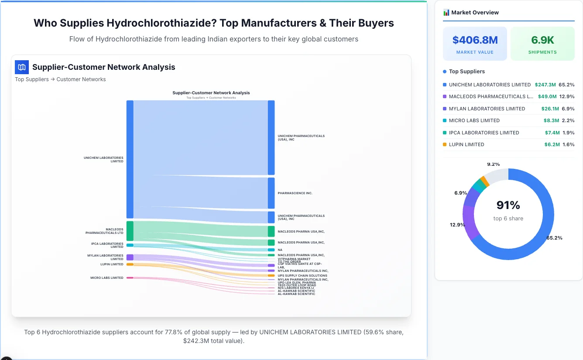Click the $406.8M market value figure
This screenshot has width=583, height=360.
[475, 40]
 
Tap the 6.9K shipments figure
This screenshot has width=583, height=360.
[542, 40]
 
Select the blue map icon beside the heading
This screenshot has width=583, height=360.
[21, 67]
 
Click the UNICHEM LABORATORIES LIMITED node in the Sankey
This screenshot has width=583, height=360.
[130, 159]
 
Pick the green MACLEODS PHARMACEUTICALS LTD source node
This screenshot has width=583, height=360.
[130, 231]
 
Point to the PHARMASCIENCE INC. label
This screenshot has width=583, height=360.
[295, 193]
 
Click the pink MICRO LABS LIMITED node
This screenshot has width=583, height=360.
[130, 278]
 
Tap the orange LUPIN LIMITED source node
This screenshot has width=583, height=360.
[130, 264]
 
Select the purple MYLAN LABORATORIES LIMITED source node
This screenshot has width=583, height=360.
[130, 257]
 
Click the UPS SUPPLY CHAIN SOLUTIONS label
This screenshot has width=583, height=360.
[302, 276]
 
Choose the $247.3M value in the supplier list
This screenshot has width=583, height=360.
[545, 85]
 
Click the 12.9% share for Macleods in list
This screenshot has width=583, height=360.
[567, 96]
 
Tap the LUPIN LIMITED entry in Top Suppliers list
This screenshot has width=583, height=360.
[466, 144]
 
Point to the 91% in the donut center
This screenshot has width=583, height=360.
[508, 205]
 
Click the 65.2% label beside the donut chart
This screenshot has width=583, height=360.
[554, 238]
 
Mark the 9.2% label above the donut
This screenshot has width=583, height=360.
[493, 165]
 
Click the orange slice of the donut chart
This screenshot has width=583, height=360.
[484, 181]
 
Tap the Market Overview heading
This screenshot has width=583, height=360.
[475, 13]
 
